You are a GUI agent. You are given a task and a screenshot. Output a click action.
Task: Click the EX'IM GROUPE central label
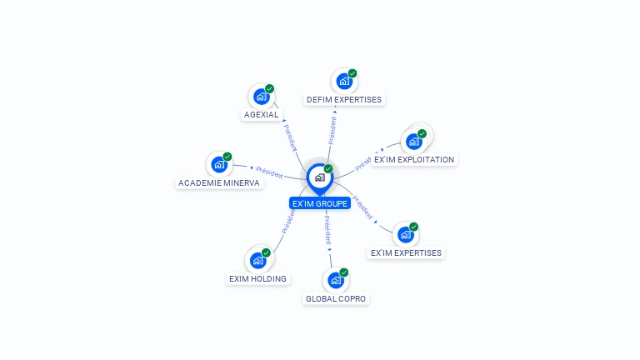coord(319,203)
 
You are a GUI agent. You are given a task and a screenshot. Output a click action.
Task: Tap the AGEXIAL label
coord(262,115)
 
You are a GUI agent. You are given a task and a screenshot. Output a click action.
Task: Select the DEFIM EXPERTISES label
coord(344,100)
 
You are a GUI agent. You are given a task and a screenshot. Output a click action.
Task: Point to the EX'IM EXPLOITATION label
coord(414,159)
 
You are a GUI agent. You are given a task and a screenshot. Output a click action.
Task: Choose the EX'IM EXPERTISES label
coord(406,252)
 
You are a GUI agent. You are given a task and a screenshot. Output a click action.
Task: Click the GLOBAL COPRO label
coord(336,298)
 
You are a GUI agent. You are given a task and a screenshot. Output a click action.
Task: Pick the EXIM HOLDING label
coord(257,278)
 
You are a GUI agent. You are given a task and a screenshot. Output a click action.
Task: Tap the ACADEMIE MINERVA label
coord(219,182)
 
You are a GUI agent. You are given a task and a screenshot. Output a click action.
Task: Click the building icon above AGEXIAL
coord(262,96)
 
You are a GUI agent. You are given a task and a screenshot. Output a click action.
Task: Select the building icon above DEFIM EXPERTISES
coord(343,81)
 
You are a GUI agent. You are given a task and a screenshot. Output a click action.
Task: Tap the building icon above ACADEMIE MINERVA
coord(219,164)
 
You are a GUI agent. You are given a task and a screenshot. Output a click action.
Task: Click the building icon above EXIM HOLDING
coord(257,260)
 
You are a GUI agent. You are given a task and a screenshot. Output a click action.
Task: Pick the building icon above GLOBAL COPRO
coord(335,280)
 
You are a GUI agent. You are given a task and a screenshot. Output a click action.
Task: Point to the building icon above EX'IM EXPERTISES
coord(405,234)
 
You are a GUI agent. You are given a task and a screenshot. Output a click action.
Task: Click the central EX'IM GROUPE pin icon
coord(318,177)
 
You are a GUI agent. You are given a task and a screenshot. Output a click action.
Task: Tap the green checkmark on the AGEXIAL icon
coord(270,88)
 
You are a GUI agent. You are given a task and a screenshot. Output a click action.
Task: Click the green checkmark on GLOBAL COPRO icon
coord(343,272)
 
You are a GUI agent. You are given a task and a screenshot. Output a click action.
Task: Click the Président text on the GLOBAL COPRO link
coord(327,227)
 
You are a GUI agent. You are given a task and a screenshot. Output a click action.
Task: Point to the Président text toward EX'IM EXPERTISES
coord(362,207)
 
